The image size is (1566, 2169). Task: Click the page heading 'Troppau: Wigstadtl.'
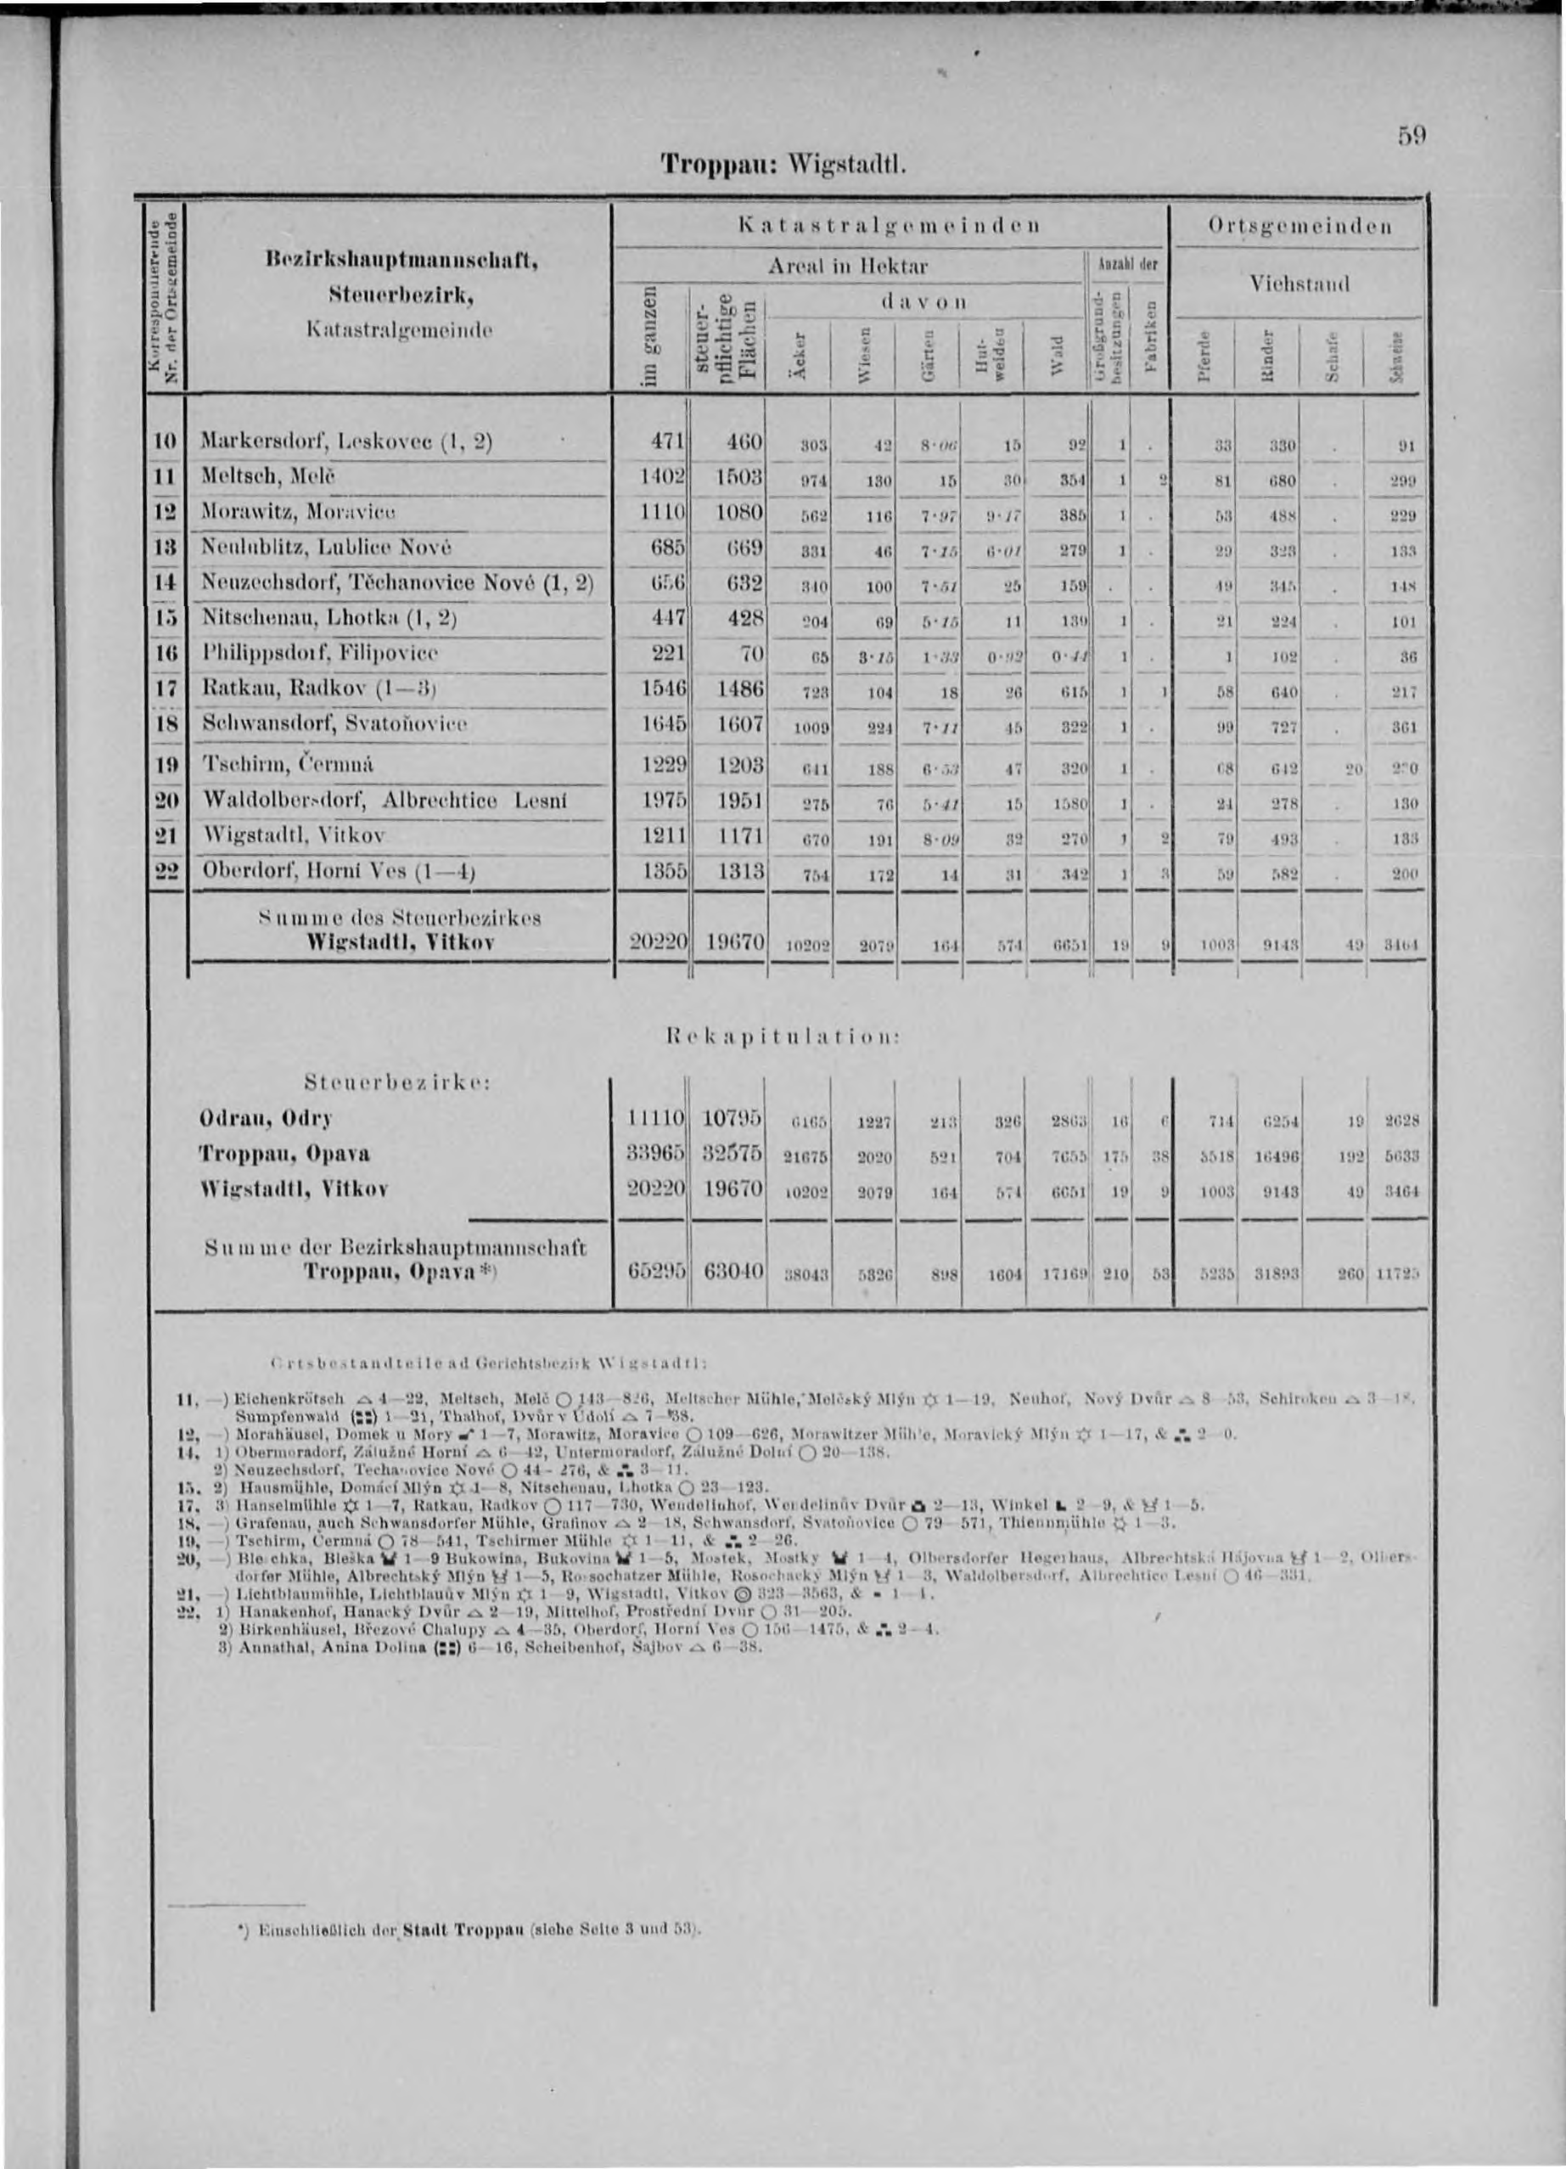[783, 165]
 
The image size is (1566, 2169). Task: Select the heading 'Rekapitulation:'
[783, 1036]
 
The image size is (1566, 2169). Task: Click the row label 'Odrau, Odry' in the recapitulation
[265, 1118]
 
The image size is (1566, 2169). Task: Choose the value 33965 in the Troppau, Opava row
[656, 1154]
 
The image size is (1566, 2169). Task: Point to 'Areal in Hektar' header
[849, 264]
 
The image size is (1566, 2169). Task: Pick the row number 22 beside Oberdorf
[162, 870]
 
